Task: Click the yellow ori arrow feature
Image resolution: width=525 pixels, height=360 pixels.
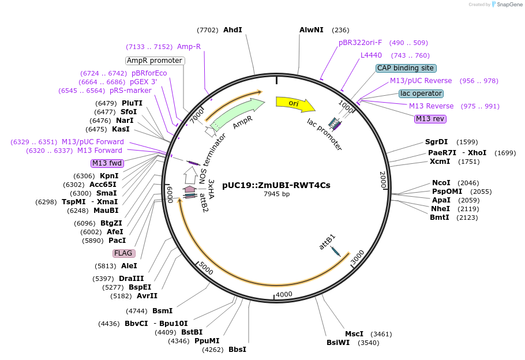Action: (x=294, y=104)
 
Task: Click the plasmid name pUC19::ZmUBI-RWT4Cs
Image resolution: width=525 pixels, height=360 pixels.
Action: (x=276, y=185)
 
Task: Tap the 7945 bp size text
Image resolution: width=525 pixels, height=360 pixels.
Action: (x=276, y=194)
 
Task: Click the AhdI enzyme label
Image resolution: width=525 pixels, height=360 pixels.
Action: (x=232, y=30)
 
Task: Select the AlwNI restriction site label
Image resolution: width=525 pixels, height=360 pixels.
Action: (x=312, y=30)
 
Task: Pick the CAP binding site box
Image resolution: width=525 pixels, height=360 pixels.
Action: (x=406, y=68)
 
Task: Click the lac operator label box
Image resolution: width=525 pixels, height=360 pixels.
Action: (x=421, y=93)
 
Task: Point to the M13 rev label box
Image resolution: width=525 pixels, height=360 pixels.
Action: (x=430, y=119)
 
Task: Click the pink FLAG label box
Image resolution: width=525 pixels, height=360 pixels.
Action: (x=123, y=253)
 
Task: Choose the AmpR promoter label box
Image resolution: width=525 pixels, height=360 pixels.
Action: (x=155, y=61)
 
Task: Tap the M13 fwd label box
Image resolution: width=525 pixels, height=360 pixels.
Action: (x=107, y=163)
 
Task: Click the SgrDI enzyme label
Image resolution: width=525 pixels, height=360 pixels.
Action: (x=436, y=141)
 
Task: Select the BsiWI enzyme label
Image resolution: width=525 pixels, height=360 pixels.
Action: (x=338, y=343)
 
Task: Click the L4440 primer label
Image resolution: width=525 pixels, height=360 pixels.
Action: (x=371, y=55)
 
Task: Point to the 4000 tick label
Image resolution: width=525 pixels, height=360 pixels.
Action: (x=284, y=294)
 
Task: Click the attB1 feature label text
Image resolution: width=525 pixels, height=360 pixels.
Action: (x=327, y=242)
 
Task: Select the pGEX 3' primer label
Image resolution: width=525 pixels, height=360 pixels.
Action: (x=143, y=82)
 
